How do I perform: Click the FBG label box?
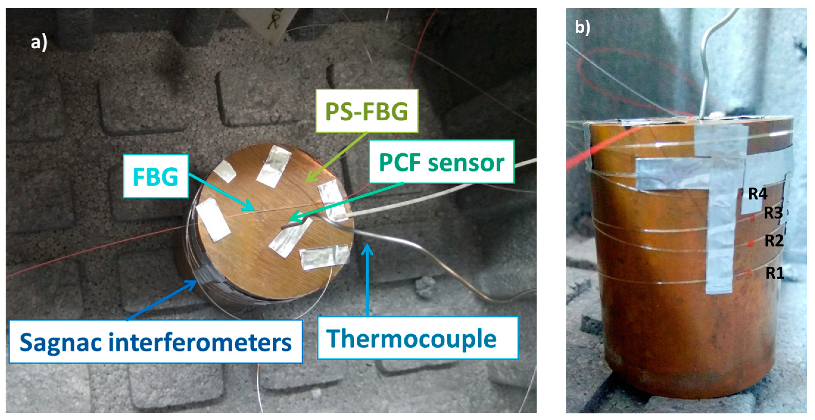[156, 176]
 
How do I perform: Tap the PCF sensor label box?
[441, 162]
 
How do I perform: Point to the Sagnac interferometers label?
[155, 342]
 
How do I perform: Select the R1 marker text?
[775, 273]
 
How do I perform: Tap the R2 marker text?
[774, 241]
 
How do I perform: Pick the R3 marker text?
[773, 213]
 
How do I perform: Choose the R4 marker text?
[758, 193]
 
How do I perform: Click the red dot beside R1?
[749, 273]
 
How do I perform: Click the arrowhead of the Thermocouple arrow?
[367, 248]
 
